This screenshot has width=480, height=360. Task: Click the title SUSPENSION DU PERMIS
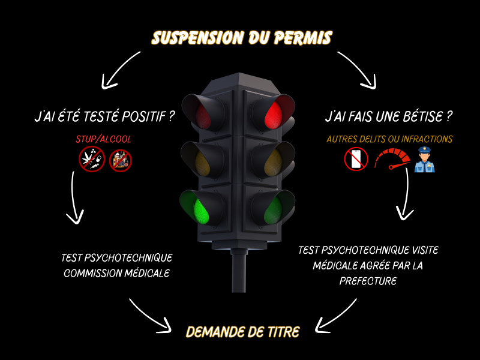coord(241,38)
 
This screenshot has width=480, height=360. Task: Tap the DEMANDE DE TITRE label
coord(242,332)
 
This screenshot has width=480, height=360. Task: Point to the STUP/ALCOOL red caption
coord(103,139)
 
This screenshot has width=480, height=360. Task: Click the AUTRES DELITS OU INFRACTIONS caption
coord(389,139)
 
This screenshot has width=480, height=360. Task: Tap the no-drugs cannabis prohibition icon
coord(92,159)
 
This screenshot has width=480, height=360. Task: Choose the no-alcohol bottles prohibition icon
coord(120,160)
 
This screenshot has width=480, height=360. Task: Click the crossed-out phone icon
coord(356,160)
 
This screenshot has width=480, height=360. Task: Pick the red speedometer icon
coord(392,160)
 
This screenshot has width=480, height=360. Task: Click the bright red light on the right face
coord(273,113)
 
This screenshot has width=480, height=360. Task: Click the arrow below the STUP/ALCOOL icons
coord(75,198)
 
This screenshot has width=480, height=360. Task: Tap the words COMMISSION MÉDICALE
coord(117,273)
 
